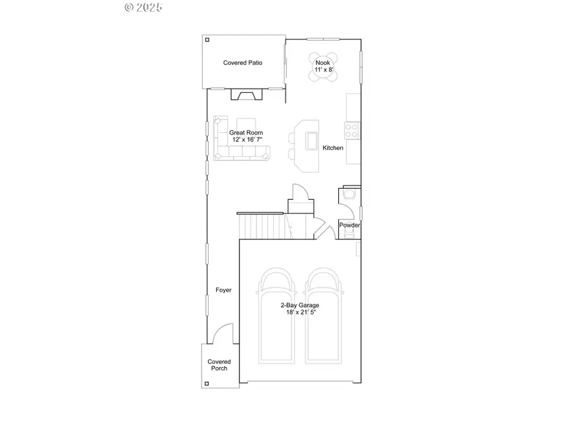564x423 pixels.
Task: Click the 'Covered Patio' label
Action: click(243, 63)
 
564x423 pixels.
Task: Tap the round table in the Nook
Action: click(323, 66)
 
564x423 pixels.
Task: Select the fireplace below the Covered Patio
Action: click(245, 95)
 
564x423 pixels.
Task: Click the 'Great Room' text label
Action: click(246, 132)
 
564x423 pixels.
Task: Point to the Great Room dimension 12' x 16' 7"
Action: click(246, 140)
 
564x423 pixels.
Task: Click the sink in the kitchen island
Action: click(311, 142)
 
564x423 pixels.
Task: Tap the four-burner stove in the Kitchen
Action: click(352, 131)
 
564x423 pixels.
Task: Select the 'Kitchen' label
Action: click(333, 148)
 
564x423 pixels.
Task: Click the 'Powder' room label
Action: click(349, 225)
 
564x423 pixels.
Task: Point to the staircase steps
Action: click(261, 226)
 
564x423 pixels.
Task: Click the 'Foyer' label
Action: click(223, 290)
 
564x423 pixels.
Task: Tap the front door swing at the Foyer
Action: click(222, 335)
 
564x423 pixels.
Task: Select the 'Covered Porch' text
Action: click(219, 365)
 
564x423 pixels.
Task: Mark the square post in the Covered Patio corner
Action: click(207, 40)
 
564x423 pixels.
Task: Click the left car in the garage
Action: click(276, 313)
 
